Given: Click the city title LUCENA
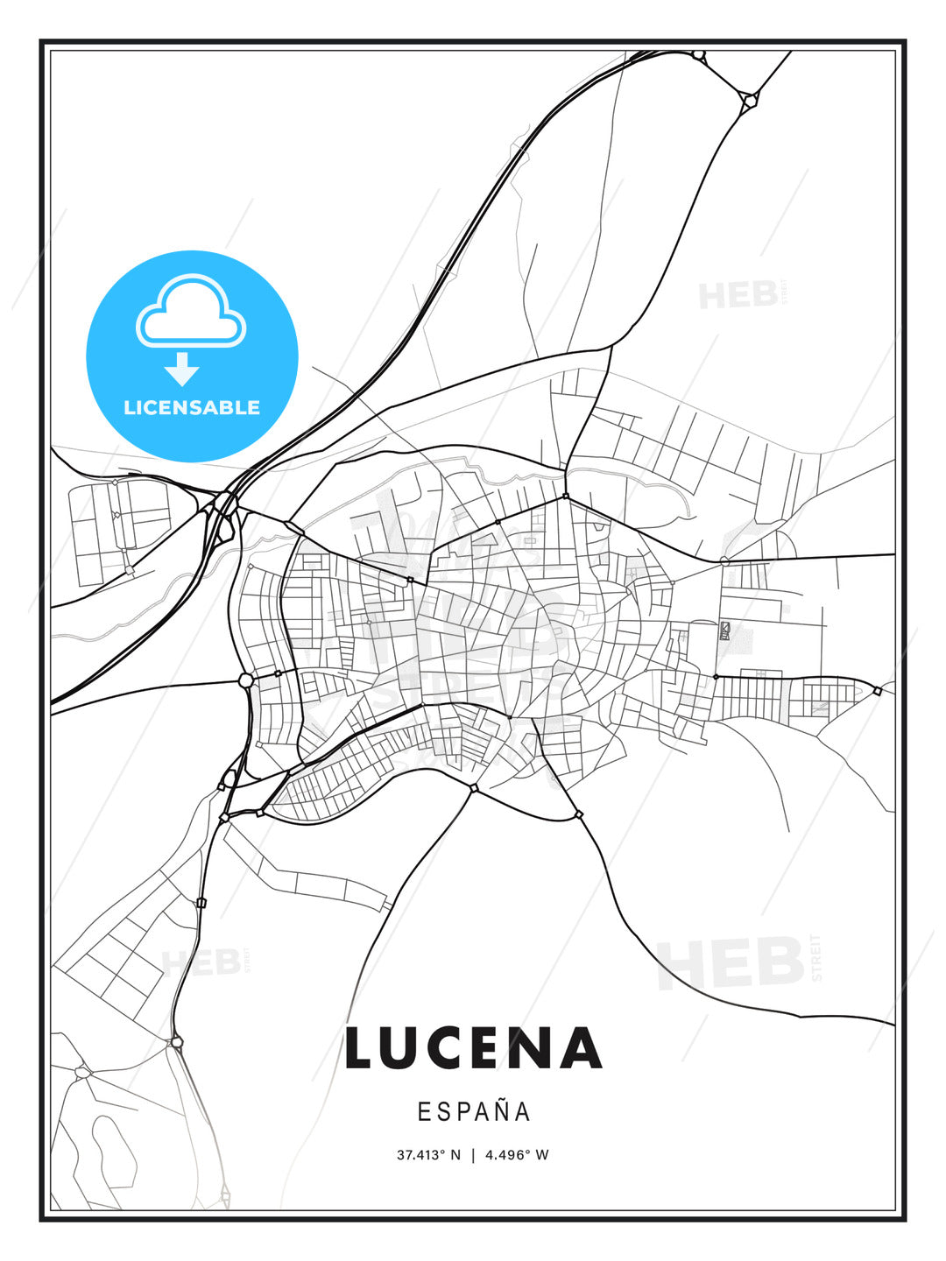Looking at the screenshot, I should pyautogui.click(x=474, y=1048).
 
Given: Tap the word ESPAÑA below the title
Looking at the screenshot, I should pyautogui.click(x=474, y=1111).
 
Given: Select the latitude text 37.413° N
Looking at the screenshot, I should pyautogui.click(x=428, y=1155).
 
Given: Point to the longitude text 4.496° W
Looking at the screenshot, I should pyautogui.click(x=517, y=1155).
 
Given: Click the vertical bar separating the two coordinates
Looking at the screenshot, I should pyautogui.click(x=473, y=1155).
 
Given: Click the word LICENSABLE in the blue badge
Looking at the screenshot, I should pyautogui.click(x=192, y=407).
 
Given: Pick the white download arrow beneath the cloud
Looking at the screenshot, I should pyautogui.click(x=182, y=369).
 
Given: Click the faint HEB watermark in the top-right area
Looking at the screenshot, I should pyautogui.click(x=738, y=295).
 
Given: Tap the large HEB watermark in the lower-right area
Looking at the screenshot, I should pyautogui.click(x=731, y=962).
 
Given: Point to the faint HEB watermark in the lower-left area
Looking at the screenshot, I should pyautogui.click(x=201, y=962).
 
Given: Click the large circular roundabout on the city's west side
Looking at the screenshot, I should pyautogui.click(x=246, y=680).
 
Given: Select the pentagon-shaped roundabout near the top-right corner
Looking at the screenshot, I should pyautogui.click(x=749, y=101).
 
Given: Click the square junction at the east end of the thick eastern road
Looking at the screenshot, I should pyautogui.click(x=877, y=691).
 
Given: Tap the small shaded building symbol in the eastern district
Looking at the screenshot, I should pyautogui.click(x=725, y=629).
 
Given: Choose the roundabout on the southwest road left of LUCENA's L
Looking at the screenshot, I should pyautogui.click(x=177, y=1042).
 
